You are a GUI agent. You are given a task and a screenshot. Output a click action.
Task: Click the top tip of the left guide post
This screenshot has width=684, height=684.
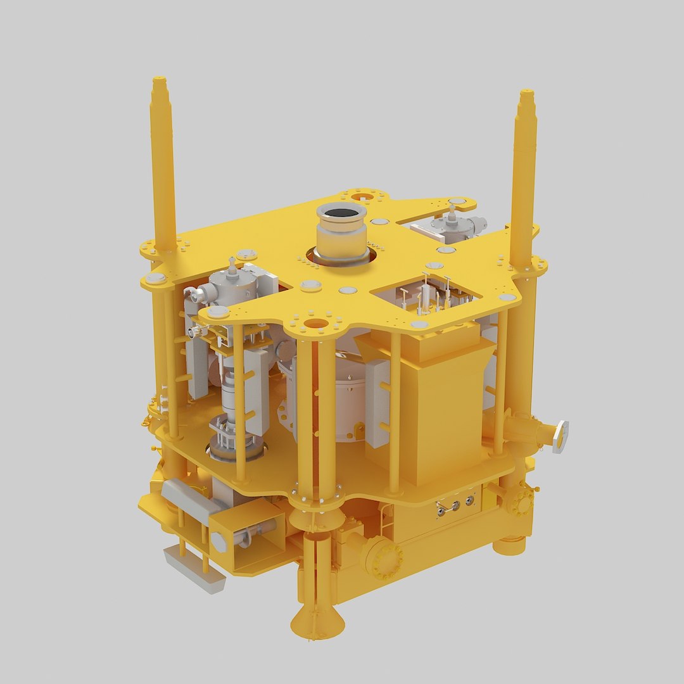[159, 82]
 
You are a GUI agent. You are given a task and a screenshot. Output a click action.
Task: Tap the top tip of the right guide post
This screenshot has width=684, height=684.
[527, 94]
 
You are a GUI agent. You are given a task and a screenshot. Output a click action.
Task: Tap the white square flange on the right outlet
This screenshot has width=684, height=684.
[560, 436]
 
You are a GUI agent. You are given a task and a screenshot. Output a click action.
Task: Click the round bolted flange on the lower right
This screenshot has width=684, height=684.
[521, 502]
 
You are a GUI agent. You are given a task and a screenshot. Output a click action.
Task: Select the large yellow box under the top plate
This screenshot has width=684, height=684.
[431, 405]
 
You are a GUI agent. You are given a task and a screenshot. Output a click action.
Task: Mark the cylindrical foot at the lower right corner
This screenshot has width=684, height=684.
[510, 544]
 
